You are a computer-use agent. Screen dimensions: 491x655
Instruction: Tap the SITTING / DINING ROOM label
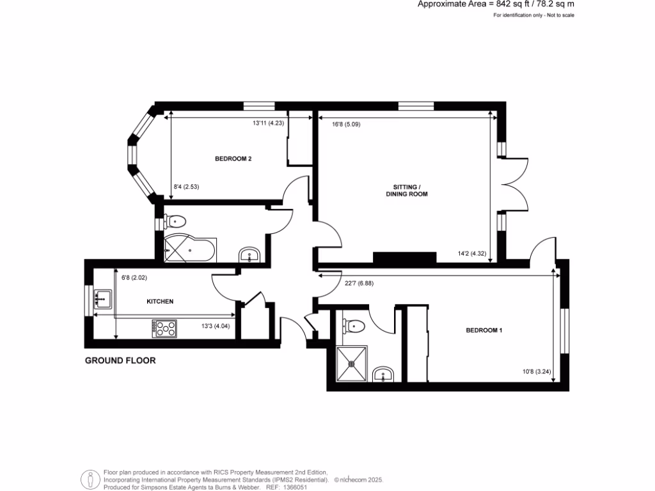[x=406, y=190]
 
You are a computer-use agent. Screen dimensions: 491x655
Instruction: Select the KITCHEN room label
[x=161, y=301]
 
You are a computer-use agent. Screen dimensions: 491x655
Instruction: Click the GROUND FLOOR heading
[x=120, y=361]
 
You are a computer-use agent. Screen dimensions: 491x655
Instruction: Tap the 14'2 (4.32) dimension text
[x=472, y=254]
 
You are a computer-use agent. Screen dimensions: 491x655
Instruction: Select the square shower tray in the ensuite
[x=351, y=364]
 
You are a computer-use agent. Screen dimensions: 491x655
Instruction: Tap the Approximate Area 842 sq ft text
[x=496, y=4]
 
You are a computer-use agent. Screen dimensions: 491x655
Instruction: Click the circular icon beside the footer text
[x=90, y=478]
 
